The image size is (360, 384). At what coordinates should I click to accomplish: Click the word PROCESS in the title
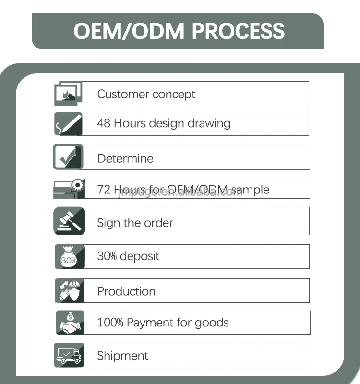(x=239, y=31)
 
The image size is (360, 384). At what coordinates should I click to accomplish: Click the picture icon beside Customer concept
(x=68, y=93)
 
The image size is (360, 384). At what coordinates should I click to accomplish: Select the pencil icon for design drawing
(x=68, y=124)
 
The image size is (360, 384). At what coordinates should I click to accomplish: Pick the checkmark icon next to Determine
(x=68, y=157)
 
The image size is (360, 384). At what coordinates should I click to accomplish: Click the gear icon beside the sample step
(x=77, y=185)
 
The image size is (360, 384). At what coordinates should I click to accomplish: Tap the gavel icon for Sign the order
(x=69, y=221)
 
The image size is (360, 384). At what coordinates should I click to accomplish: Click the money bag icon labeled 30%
(x=69, y=257)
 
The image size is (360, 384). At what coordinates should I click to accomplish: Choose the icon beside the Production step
(x=69, y=291)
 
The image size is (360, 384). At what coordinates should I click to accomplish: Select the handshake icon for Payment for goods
(x=70, y=323)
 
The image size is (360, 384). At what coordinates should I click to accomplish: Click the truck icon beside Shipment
(x=69, y=355)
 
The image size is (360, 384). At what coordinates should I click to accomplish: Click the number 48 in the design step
(x=104, y=123)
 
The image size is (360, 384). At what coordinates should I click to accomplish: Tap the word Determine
(x=125, y=158)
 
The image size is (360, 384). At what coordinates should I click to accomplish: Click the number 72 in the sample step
(x=104, y=190)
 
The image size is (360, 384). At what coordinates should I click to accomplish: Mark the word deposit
(x=140, y=256)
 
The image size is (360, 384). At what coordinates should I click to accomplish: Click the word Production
(x=126, y=291)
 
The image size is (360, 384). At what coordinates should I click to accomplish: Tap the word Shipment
(x=123, y=356)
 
